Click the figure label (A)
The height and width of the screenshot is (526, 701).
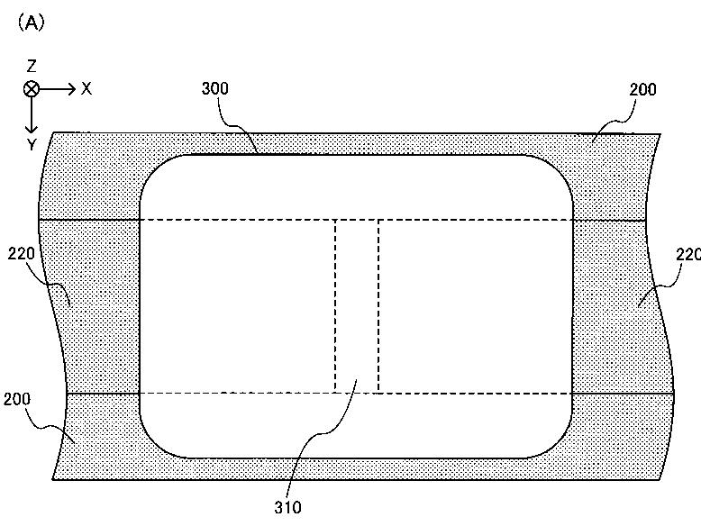click(x=32, y=23)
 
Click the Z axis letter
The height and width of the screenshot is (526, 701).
click(x=32, y=67)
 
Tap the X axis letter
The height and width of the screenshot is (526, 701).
click(x=86, y=89)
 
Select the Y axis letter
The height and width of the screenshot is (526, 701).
click(x=32, y=145)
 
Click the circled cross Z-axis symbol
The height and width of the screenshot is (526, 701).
click(x=32, y=89)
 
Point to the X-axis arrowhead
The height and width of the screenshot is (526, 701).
click(x=71, y=89)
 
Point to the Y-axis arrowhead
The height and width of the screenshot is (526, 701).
click(x=31, y=129)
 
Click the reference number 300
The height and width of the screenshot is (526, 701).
click(x=215, y=88)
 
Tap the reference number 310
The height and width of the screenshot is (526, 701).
click(x=288, y=508)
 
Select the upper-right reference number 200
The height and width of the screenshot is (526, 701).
click(x=642, y=90)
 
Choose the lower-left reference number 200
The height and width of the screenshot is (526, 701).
click(x=17, y=399)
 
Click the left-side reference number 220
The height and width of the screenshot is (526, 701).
click(x=22, y=254)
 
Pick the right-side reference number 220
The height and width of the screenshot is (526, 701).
click(x=688, y=255)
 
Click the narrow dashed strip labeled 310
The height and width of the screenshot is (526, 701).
click(x=357, y=306)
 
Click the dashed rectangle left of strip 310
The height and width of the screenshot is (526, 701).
click(x=237, y=306)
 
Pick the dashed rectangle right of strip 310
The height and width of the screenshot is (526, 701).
click(x=476, y=306)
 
